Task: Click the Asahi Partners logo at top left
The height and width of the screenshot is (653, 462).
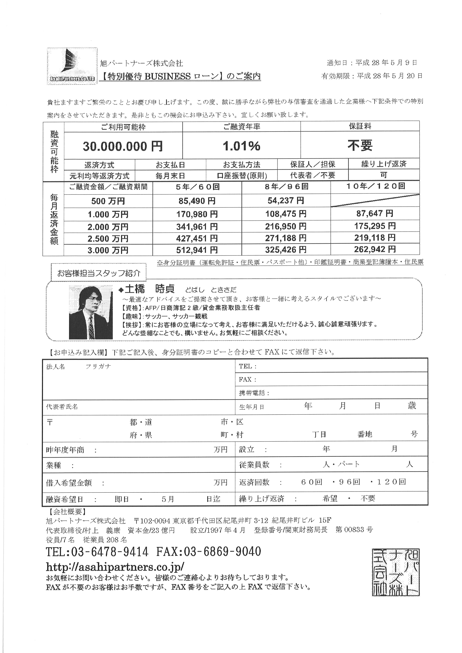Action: click(72, 66)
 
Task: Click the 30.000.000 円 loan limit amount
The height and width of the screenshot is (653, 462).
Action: click(123, 146)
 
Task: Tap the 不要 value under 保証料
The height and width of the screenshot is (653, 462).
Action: click(360, 145)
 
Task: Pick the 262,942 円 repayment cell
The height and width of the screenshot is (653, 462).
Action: click(375, 250)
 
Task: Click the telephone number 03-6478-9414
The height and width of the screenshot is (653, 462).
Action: click(110, 552)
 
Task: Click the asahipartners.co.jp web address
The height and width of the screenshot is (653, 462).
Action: click(115, 567)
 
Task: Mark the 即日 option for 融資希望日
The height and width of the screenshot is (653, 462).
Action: click(122, 499)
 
